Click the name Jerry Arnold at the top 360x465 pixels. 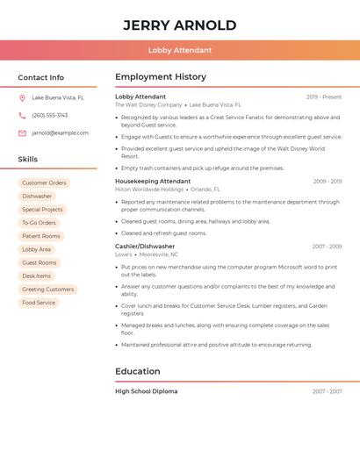(x=179, y=25)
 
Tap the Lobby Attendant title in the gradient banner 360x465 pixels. (x=179, y=50)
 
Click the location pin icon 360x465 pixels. (x=22, y=98)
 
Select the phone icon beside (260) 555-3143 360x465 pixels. (x=22, y=115)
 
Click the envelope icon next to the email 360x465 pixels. (x=22, y=133)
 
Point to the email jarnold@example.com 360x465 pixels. (x=60, y=133)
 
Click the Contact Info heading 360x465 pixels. (x=40, y=77)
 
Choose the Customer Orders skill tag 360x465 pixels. (x=44, y=182)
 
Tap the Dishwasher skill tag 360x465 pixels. (x=37, y=197)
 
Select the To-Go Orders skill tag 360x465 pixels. (x=39, y=223)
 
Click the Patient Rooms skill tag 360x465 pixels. (x=41, y=236)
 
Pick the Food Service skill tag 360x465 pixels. (x=39, y=303)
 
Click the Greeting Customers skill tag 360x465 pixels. (x=47, y=290)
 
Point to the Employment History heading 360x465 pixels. (x=161, y=77)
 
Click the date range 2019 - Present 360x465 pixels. (x=324, y=97)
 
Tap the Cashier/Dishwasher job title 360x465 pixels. (x=145, y=247)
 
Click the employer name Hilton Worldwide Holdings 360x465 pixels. (x=149, y=190)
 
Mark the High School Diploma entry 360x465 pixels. (x=146, y=391)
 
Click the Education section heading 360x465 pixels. (x=138, y=371)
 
